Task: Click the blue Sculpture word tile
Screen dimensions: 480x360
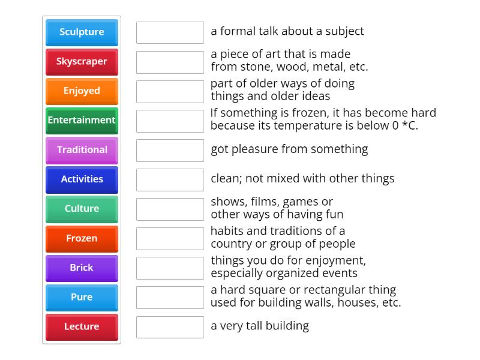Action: tap(82, 32)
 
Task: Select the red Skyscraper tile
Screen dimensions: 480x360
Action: tap(82, 62)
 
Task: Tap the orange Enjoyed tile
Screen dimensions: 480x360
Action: tap(82, 91)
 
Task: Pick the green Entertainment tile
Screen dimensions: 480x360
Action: tap(82, 121)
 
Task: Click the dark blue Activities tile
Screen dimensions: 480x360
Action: tap(82, 179)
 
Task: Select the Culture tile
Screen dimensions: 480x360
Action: tap(82, 209)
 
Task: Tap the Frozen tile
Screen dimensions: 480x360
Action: tap(82, 239)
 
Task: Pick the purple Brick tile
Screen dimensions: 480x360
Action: tap(82, 268)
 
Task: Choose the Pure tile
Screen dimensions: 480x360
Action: tap(82, 298)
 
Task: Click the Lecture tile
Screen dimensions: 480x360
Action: tap(82, 327)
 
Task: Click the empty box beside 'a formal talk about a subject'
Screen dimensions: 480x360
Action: tap(170, 32)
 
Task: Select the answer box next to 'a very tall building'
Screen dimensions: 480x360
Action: tap(170, 327)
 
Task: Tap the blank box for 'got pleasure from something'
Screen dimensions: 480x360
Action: tap(170, 151)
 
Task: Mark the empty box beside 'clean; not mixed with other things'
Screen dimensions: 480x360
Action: tap(170, 179)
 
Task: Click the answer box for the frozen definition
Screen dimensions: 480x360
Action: tap(170, 121)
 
